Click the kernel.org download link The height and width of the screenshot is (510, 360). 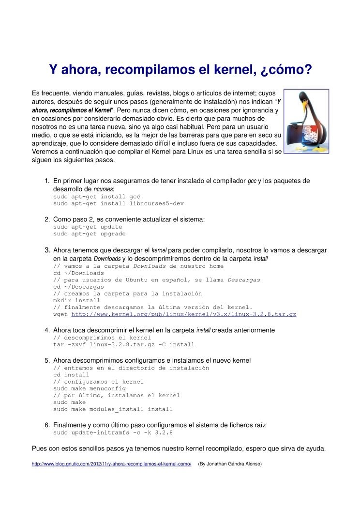tap(183, 314)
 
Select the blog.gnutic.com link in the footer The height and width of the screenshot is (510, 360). tap(111, 464)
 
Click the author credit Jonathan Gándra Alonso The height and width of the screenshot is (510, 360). tap(230, 464)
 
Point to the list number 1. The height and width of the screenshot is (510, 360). tap(47, 181)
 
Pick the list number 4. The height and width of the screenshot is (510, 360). tap(47, 330)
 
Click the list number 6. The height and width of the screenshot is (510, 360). tap(47, 425)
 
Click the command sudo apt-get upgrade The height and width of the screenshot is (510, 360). tap(89, 234)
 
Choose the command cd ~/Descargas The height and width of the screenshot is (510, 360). tap(78, 287)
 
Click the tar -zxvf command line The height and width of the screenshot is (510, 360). tap(123, 345)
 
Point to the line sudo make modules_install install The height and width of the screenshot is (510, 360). tap(113, 409)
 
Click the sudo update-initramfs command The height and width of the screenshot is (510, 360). tap(113, 433)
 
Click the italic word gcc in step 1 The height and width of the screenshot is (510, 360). tap(252, 181)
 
